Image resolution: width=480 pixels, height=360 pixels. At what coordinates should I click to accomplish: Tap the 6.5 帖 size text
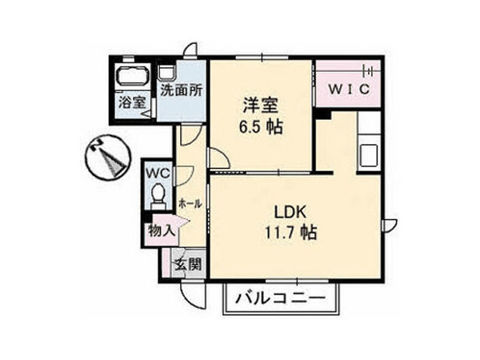point(261,126)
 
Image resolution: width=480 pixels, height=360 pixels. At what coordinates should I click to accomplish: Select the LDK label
point(292,214)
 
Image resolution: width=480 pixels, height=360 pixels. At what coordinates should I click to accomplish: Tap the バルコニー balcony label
point(282,300)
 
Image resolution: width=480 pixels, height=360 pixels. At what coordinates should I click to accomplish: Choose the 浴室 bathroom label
point(132,102)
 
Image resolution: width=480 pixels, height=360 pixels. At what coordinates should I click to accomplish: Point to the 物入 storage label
point(161,230)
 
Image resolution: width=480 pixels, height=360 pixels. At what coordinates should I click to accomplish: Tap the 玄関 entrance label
point(189,264)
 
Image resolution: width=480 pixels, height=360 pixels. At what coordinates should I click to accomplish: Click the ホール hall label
point(190,203)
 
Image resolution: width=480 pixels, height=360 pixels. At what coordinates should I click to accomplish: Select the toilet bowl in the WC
point(158,194)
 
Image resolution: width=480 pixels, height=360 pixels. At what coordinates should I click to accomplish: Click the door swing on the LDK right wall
point(390,225)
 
